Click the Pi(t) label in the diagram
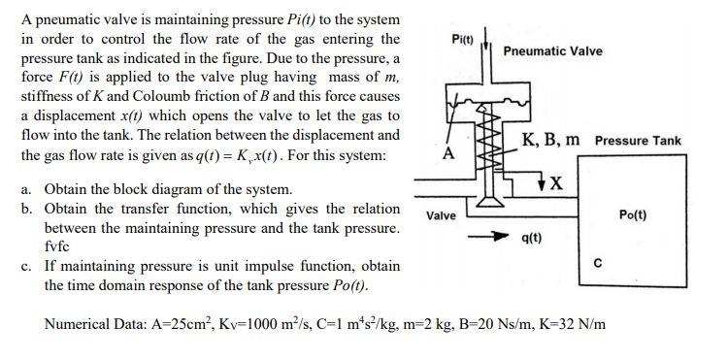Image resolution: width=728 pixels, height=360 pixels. click(462, 39)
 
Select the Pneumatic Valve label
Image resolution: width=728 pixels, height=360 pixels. click(553, 51)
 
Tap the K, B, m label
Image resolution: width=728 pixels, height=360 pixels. click(550, 139)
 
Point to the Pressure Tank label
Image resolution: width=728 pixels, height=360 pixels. click(638, 141)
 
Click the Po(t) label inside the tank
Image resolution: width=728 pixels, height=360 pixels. click(633, 214)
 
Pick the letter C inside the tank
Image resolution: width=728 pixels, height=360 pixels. click(598, 264)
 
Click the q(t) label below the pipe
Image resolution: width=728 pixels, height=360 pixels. click(532, 238)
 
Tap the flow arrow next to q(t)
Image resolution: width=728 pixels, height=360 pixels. click(486, 237)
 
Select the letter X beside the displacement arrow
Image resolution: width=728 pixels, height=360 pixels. click(556, 183)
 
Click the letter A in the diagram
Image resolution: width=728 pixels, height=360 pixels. click(448, 152)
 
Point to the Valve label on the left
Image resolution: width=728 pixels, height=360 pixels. click(441, 215)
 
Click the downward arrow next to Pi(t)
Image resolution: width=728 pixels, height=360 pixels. click(485, 39)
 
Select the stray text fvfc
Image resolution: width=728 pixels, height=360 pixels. click(56, 246)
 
